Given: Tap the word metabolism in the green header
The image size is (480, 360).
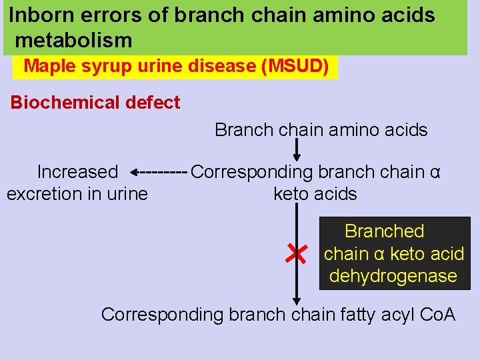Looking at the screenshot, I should coord(73,41).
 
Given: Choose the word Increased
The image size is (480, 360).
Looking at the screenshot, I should coord(77,172).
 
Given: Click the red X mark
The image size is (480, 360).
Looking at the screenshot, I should coord(295,253).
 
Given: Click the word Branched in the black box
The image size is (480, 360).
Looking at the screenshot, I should coord(384,231).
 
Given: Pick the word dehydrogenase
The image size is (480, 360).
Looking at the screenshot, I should coord(393,276).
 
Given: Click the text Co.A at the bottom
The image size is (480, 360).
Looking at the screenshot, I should coord(439,314).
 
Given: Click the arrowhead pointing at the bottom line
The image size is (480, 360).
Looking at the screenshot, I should coord(297,301).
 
